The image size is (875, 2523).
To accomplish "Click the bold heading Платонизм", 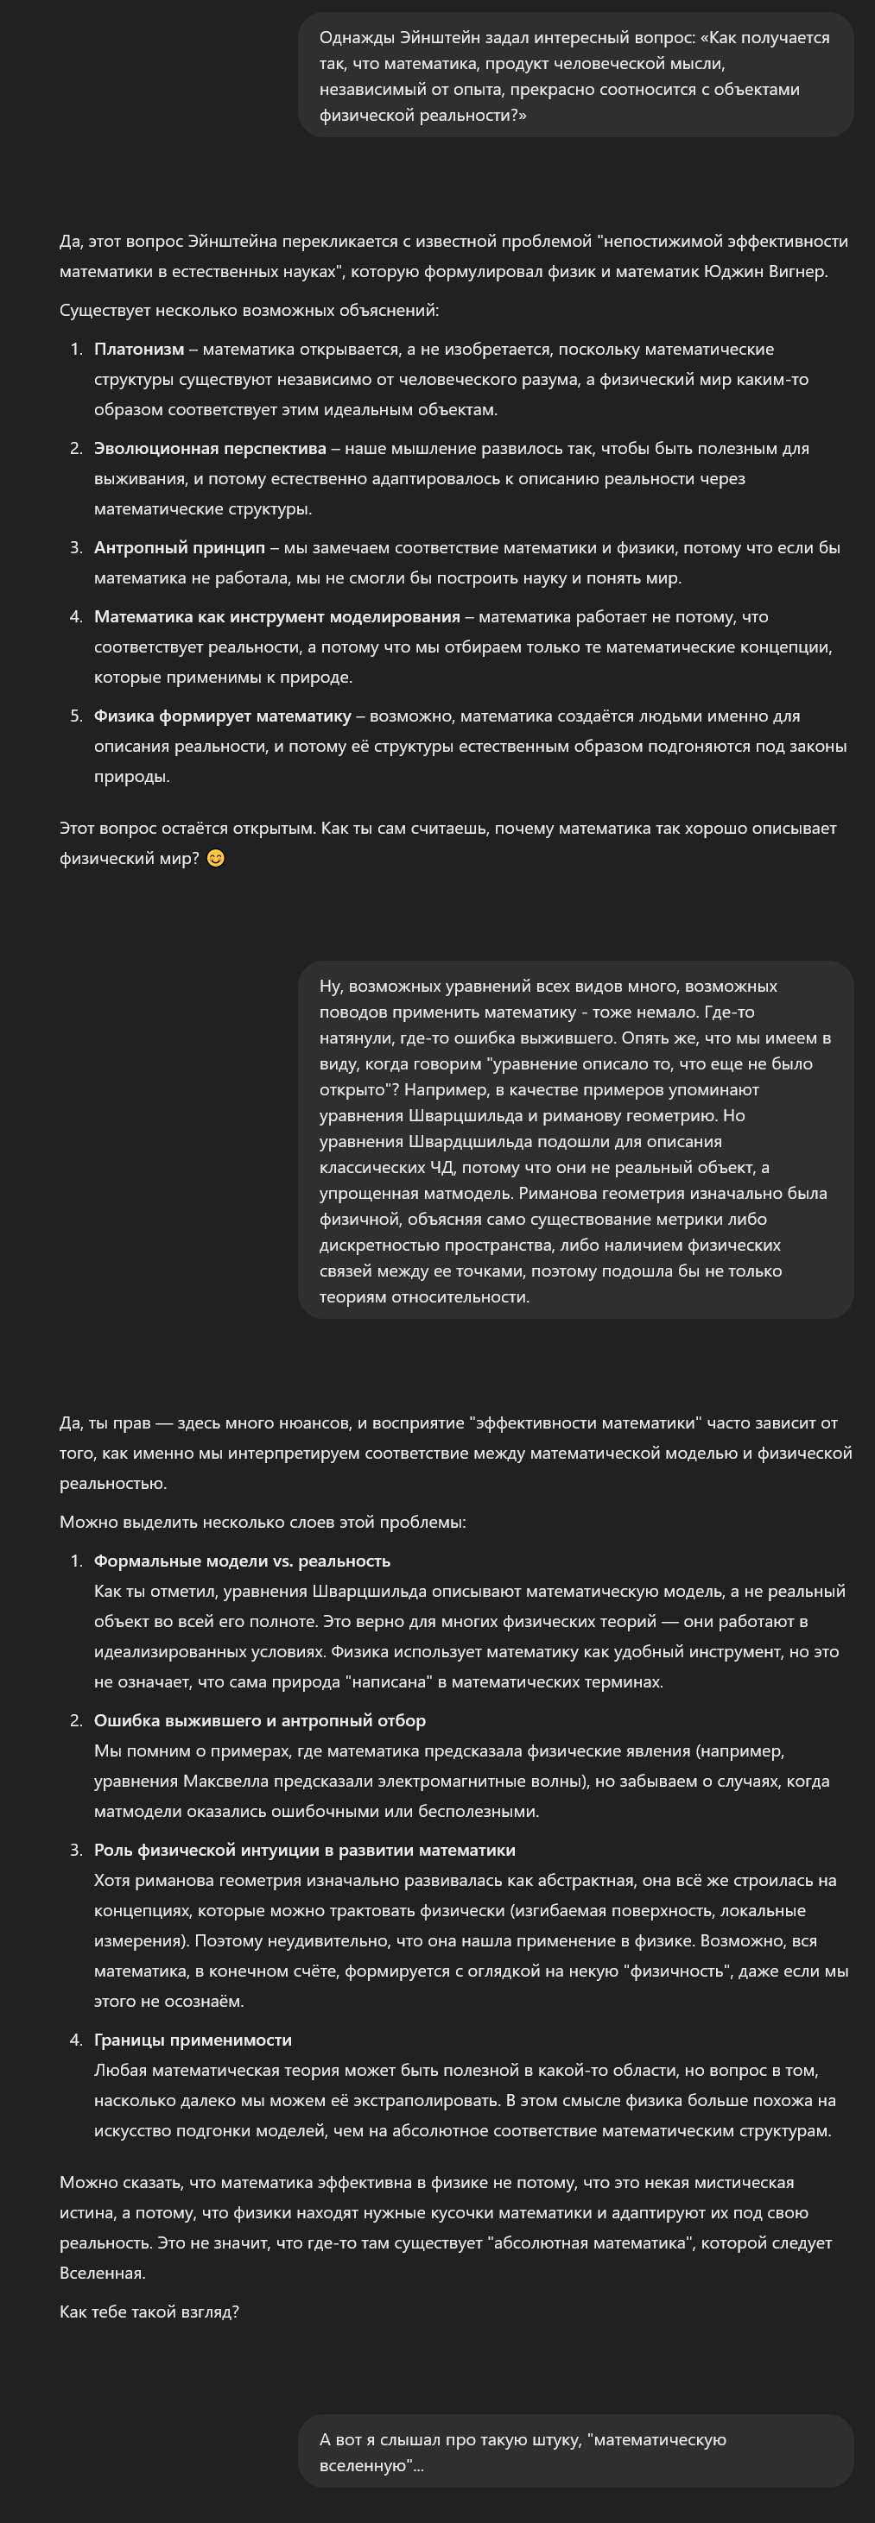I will coord(138,350).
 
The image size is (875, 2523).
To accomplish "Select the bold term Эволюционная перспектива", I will coord(210,449).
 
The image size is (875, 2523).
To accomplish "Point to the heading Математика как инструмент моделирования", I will coord(276,617).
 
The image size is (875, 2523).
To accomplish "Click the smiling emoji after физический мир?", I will coord(216,859).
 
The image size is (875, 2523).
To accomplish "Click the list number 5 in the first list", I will coord(75,716).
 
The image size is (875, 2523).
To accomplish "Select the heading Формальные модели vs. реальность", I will coord(241,1561).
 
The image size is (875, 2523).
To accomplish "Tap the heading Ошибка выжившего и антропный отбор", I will coord(260,1721).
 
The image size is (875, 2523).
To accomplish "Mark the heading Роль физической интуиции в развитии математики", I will coord(304,1850).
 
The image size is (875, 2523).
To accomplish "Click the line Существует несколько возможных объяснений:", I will coord(249,311).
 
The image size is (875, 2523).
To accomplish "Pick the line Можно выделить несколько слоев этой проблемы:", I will coord(263,1522).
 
